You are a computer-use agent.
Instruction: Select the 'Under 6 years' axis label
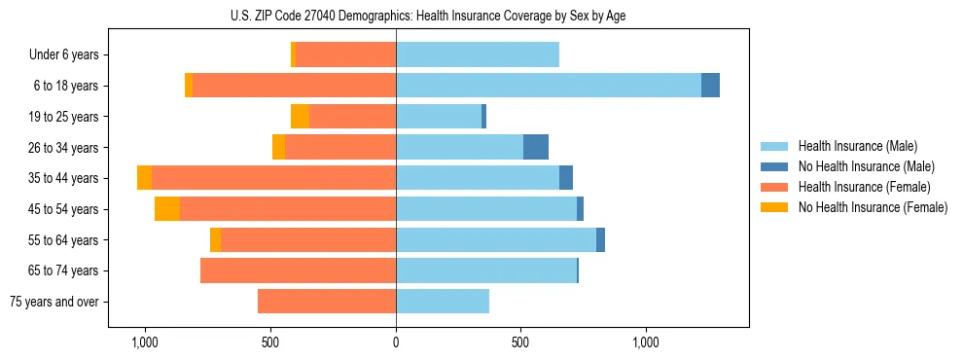[64, 54]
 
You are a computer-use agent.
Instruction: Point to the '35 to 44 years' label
[64, 178]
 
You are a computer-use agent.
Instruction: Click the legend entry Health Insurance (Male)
[857, 146]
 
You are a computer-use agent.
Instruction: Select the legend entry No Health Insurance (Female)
[873, 207]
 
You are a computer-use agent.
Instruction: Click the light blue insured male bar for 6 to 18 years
[549, 86]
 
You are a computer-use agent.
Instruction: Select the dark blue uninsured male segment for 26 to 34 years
[536, 147]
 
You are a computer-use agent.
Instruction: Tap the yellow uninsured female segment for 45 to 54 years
[167, 209]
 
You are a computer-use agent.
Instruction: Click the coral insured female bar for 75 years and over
[327, 302]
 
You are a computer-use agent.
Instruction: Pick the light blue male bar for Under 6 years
[478, 54]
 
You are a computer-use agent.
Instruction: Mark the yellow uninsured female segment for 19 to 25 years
[300, 117]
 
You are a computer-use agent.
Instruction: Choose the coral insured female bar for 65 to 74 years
[298, 270]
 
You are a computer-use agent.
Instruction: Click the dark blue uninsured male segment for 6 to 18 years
[710, 86]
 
